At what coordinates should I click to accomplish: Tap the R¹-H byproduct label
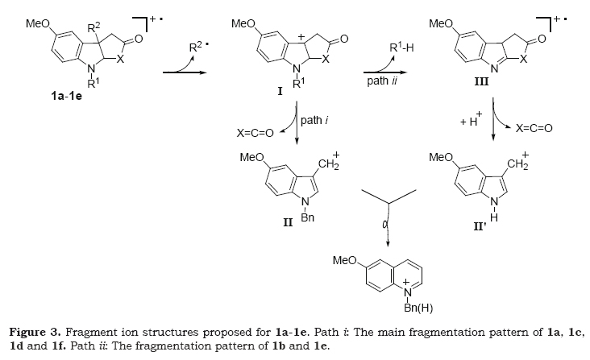click(x=401, y=49)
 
